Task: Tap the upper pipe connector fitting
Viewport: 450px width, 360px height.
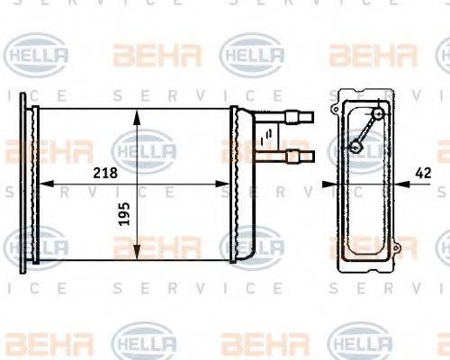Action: coord(298,115)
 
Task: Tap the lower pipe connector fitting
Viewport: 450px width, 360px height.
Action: coord(298,156)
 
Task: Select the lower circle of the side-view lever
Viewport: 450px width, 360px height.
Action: coord(355,147)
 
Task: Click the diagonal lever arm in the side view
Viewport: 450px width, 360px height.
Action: coord(367,130)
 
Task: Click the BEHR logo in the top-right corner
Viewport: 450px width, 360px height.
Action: coord(373,56)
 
